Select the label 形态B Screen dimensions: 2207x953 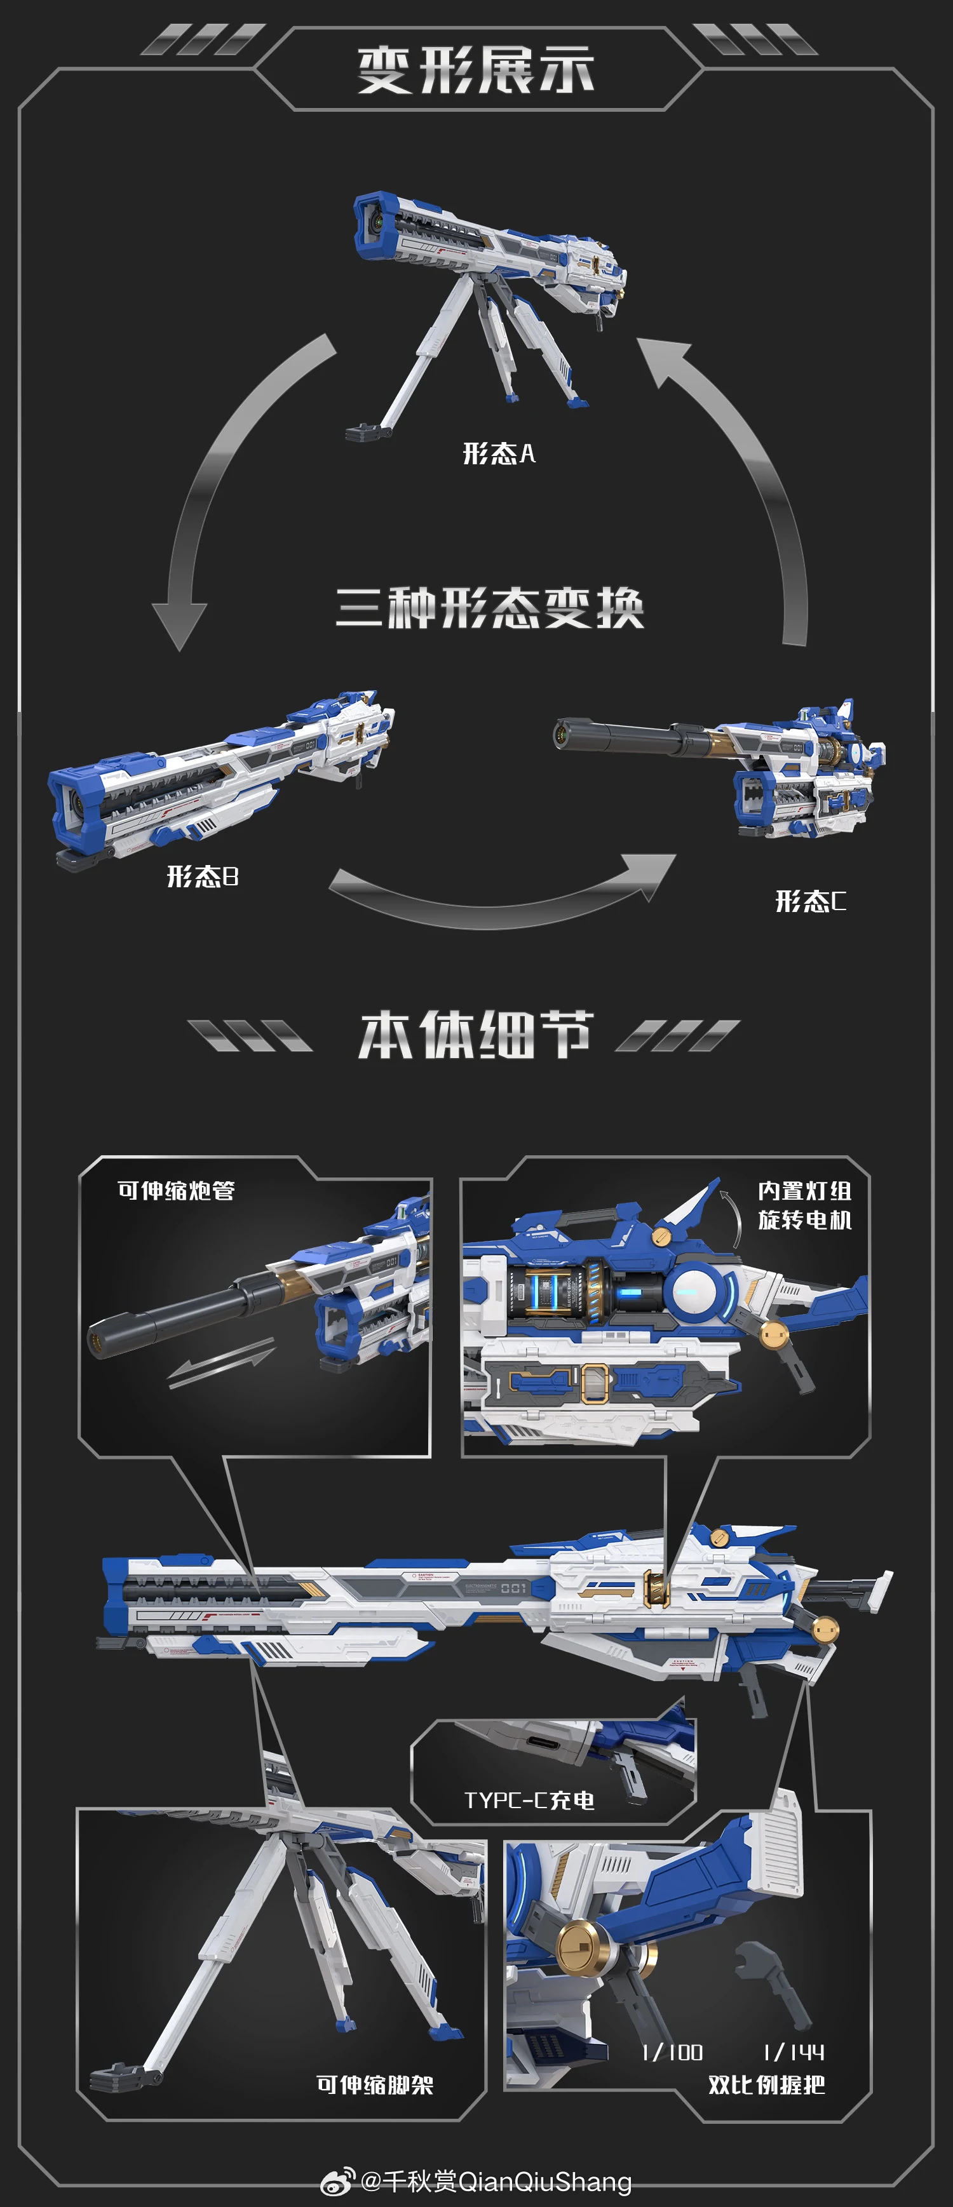coord(202,876)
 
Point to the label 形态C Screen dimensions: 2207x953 coord(810,901)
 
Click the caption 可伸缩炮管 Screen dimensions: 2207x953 coord(176,1190)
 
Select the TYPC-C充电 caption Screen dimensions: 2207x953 coord(529,1800)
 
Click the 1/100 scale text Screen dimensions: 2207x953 coord(673,2052)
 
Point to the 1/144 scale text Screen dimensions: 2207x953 coord(794,2052)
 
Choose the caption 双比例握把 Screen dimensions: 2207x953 coord(766,2084)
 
